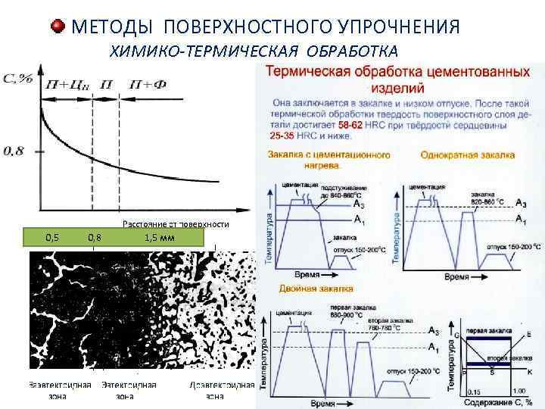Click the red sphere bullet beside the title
point(58,27)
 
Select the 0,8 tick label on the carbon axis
point(13,151)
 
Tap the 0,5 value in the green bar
point(53,237)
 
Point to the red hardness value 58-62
point(353,125)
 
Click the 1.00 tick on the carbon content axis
point(519,391)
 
